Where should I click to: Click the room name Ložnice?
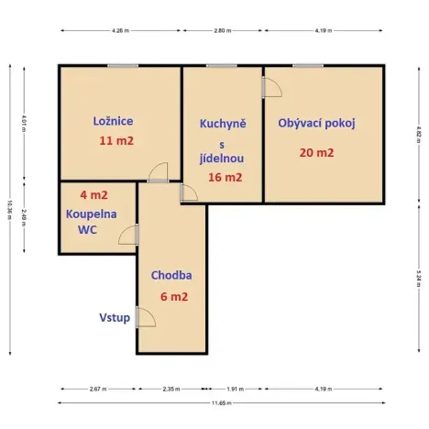(x=114, y=121)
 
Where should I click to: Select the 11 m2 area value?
(x=116, y=141)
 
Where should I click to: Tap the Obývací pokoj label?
(x=316, y=123)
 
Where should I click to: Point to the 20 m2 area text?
(x=316, y=152)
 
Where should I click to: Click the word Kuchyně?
(x=223, y=123)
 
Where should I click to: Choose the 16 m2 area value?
(x=225, y=178)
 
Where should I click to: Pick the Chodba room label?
(x=171, y=274)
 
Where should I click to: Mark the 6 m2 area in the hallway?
(x=173, y=296)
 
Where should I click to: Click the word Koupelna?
(x=89, y=213)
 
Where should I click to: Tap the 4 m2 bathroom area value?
(x=93, y=194)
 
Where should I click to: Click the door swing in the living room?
(x=272, y=88)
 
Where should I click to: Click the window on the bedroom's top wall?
(x=122, y=66)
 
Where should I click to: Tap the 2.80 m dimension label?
(x=222, y=30)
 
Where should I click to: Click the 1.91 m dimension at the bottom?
(x=236, y=388)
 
